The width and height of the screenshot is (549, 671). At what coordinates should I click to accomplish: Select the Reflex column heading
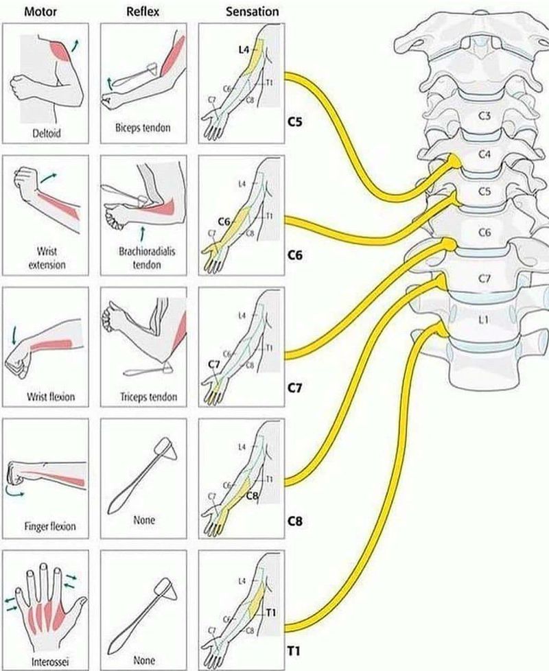[x=142, y=11]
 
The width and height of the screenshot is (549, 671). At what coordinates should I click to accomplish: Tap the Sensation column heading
[x=253, y=11]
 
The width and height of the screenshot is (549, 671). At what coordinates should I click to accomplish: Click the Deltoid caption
[x=46, y=133]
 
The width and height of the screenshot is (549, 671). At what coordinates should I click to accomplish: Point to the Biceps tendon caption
[x=143, y=128]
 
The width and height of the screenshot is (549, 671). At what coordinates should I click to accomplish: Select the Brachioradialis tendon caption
[x=143, y=258]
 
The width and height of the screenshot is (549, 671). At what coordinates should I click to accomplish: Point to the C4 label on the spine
[x=484, y=154]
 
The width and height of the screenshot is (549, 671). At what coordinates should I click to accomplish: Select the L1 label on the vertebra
[x=484, y=320]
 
